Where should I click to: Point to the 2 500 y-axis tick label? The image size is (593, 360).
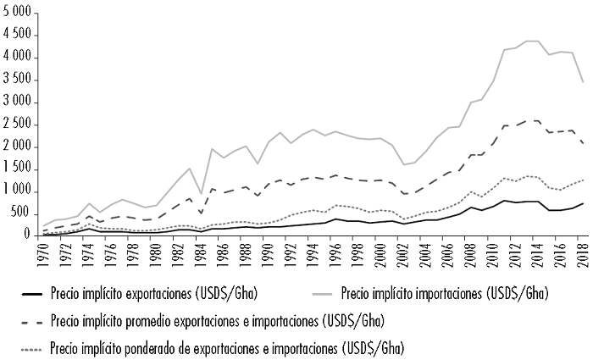(x=17, y=125)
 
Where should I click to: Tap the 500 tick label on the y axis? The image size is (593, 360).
(x=21, y=214)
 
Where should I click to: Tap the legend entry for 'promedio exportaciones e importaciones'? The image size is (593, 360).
(x=217, y=321)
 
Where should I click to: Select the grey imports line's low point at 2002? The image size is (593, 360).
(x=403, y=164)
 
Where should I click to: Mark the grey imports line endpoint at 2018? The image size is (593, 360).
(x=583, y=82)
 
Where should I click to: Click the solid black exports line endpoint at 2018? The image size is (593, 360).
(x=583, y=203)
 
